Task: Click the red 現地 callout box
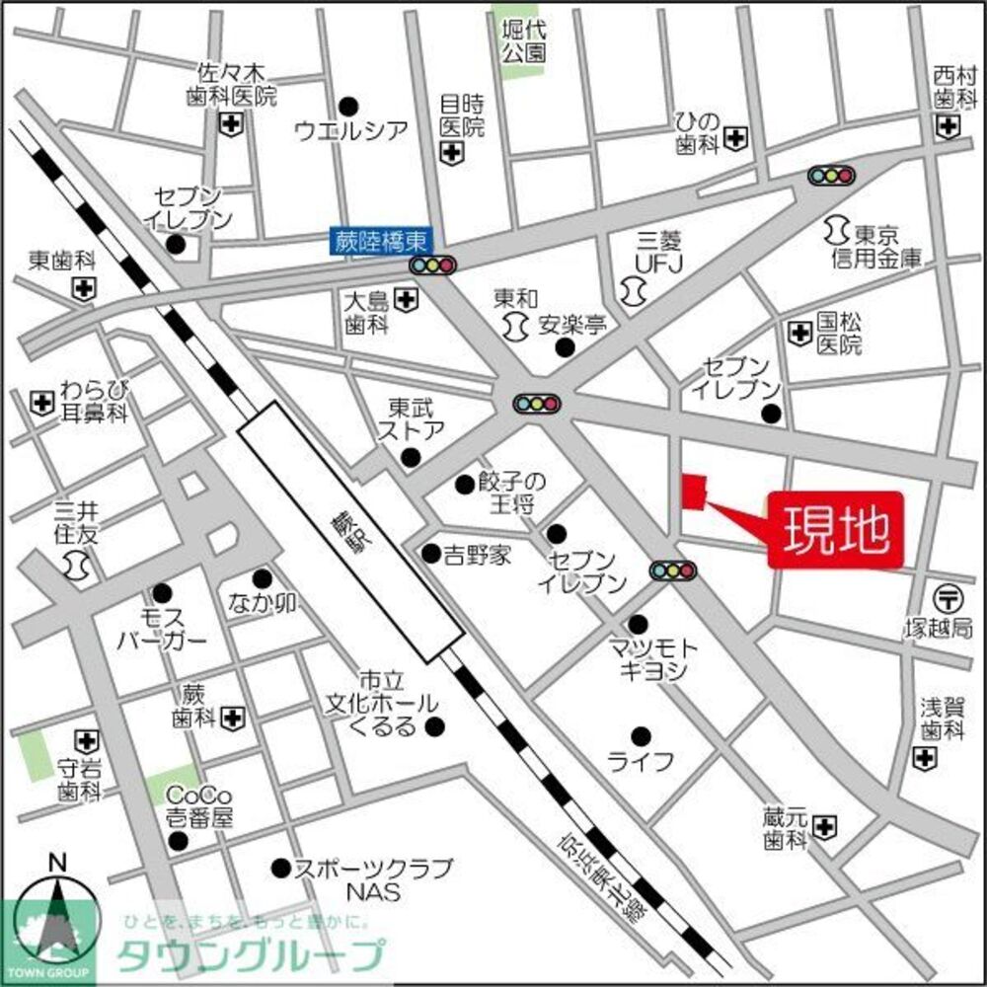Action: click(836, 530)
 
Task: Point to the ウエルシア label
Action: click(351, 128)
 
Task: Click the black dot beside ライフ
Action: click(640, 735)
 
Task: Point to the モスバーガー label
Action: click(163, 628)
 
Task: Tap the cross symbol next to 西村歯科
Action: click(949, 125)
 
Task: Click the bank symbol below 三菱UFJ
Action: click(633, 289)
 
